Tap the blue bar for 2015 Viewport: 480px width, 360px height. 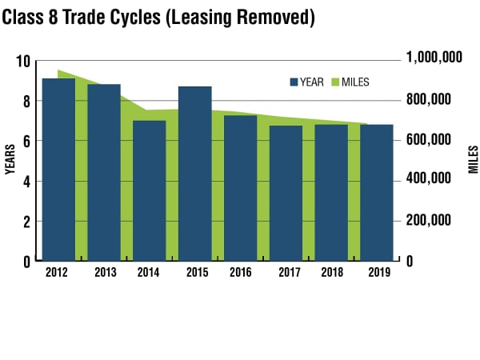pos(195,174)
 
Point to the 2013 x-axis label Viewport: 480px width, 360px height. pos(105,272)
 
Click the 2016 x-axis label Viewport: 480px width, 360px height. pos(241,272)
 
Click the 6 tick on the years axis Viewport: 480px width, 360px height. pos(26,142)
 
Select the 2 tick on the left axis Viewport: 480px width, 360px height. pos(26,222)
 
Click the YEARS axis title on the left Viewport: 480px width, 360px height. pos(10,160)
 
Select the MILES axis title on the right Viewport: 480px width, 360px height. pos(472,160)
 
